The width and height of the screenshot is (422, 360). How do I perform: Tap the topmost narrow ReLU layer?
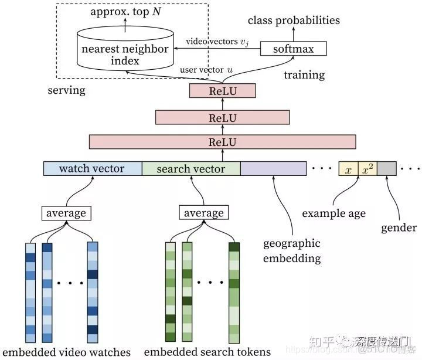[x=222, y=91]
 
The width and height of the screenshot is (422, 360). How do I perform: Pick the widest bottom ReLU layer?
[x=222, y=141]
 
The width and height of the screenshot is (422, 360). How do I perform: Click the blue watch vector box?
[x=93, y=169]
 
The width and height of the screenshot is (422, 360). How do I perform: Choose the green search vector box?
[x=191, y=169]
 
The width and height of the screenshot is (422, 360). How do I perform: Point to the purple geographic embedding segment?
[x=274, y=169]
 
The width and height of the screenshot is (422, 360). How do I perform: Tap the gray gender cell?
[x=386, y=169]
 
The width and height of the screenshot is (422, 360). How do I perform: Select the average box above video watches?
[x=66, y=213]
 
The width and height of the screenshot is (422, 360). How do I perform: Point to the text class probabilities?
[x=294, y=21]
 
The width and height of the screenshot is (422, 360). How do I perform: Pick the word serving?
[x=66, y=91]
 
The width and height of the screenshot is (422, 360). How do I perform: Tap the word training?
[x=304, y=75]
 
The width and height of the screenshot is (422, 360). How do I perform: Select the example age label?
[x=333, y=213]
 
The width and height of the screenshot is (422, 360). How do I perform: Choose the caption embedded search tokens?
[x=207, y=352]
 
